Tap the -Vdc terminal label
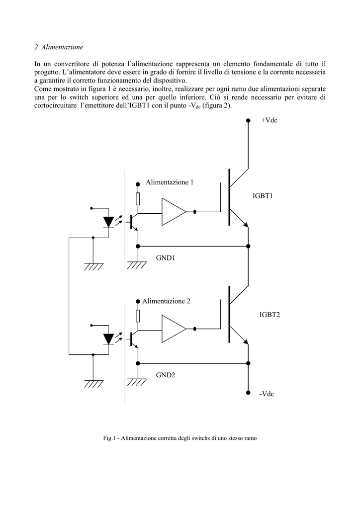coord(267,394)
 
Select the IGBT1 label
coord(263,196)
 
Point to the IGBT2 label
coord(270,315)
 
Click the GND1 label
coord(166,258)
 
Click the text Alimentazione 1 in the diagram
coord(170,182)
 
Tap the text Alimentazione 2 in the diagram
coord(166,301)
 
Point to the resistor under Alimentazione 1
coord(138,199)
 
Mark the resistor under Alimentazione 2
coord(138,316)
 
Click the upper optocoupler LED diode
coord(108,222)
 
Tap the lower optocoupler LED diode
coord(108,339)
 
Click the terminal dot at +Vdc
coord(248,121)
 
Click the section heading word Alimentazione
coord(62,47)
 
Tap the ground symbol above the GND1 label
coord(137,265)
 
